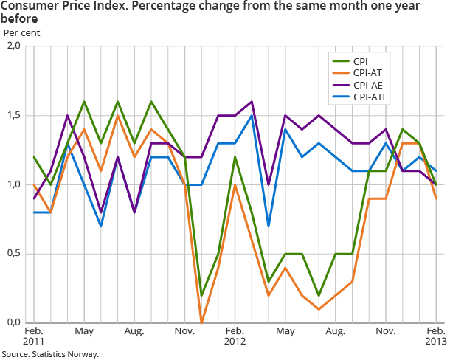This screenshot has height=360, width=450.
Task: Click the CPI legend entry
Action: (x=361, y=61)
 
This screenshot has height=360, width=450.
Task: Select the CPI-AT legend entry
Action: (x=368, y=73)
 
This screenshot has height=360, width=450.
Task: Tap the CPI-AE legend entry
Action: (x=368, y=85)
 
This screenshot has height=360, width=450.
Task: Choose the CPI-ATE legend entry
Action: (x=370, y=97)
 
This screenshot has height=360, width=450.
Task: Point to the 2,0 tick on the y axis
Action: (x=13, y=46)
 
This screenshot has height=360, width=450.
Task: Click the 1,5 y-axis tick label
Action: (x=13, y=116)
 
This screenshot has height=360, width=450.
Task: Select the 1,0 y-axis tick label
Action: (x=13, y=184)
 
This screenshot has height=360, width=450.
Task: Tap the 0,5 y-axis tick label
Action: (x=13, y=254)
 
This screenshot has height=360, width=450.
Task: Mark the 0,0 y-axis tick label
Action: (x=13, y=322)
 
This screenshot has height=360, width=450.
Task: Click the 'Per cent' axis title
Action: (x=22, y=33)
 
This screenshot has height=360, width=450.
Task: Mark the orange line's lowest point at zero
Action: (x=201, y=322)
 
